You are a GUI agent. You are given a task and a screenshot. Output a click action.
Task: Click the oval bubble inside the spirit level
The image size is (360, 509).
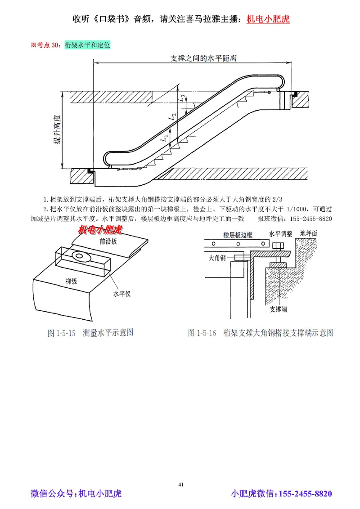coord(80,256)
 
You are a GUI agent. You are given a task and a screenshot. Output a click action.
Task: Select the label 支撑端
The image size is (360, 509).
coord(279,309)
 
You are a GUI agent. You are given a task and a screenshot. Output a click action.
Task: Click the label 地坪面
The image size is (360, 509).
coord(308,233)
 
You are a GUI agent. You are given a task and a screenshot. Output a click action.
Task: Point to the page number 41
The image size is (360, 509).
coord(181,484)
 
